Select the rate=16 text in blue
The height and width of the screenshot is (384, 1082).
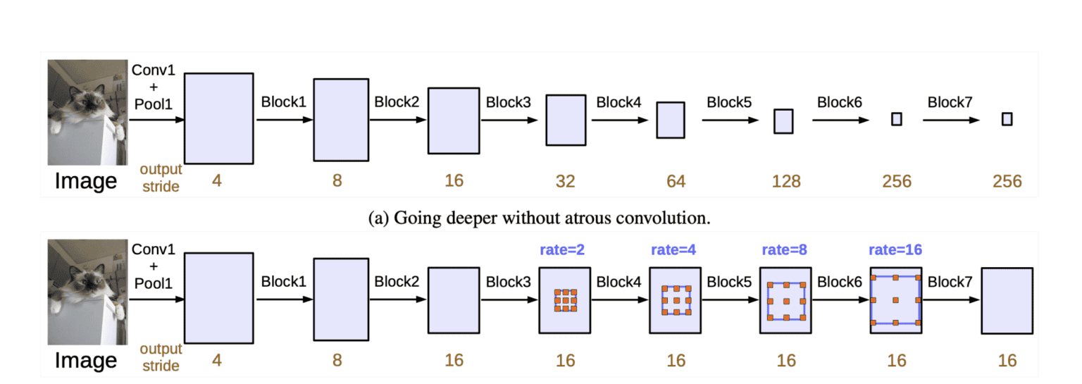pyautogui.click(x=896, y=250)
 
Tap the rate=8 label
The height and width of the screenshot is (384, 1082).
pyautogui.click(x=785, y=250)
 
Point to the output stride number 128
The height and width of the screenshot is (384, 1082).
pyautogui.click(x=786, y=181)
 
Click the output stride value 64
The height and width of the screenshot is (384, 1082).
pyautogui.click(x=676, y=181)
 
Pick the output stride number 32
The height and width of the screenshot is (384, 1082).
pyautogui.click(x=565, y=181)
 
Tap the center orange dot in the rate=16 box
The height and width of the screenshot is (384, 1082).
pyautogui.click(x=896, y=300)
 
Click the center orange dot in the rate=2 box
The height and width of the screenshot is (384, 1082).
pyautogui.click(x=565, y=300)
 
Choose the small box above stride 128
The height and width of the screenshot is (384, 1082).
pyautogui.click(x=783, y=120)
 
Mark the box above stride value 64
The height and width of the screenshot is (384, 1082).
pyautogui.click(x=671, y=120)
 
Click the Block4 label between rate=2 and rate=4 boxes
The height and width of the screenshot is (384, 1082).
pyautogui.click(x=618, y=282)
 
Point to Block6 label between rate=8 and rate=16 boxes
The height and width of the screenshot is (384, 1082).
pyautogui.click(x=840, y=282)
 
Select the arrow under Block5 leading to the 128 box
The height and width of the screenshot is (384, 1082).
pyautogui.click(x=730, y=120)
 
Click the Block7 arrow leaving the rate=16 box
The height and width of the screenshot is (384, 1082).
pyautogui.click(x=951, y=300)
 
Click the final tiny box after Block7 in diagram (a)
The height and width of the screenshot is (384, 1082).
pyautogui.click(x=1007, y=119)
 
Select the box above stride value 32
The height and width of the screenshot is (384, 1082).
pyautogui.click(x=566, y=120)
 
